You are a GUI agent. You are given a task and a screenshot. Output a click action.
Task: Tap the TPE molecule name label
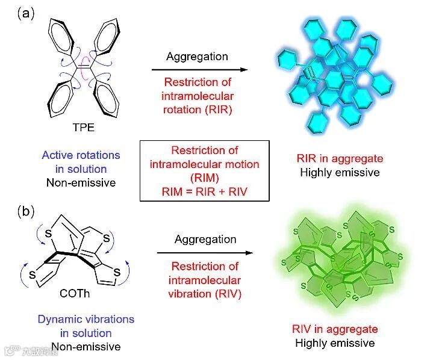(x=80, y=128)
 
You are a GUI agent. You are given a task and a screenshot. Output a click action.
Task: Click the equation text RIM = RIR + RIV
(x=205, y=191)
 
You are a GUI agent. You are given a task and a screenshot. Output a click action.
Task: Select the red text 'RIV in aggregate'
(x=335, y=329)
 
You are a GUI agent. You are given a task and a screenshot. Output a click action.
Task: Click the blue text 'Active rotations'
(x=81, y=155)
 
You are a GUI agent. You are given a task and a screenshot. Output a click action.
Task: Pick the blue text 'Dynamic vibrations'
(x=86, y=319)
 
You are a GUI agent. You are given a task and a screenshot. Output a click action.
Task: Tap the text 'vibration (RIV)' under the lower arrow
(x=205, y=293)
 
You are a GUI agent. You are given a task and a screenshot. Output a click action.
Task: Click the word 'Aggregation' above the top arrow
(x=198, y=57)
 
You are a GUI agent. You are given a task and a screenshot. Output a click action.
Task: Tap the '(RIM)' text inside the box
(x=205, y=178)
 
